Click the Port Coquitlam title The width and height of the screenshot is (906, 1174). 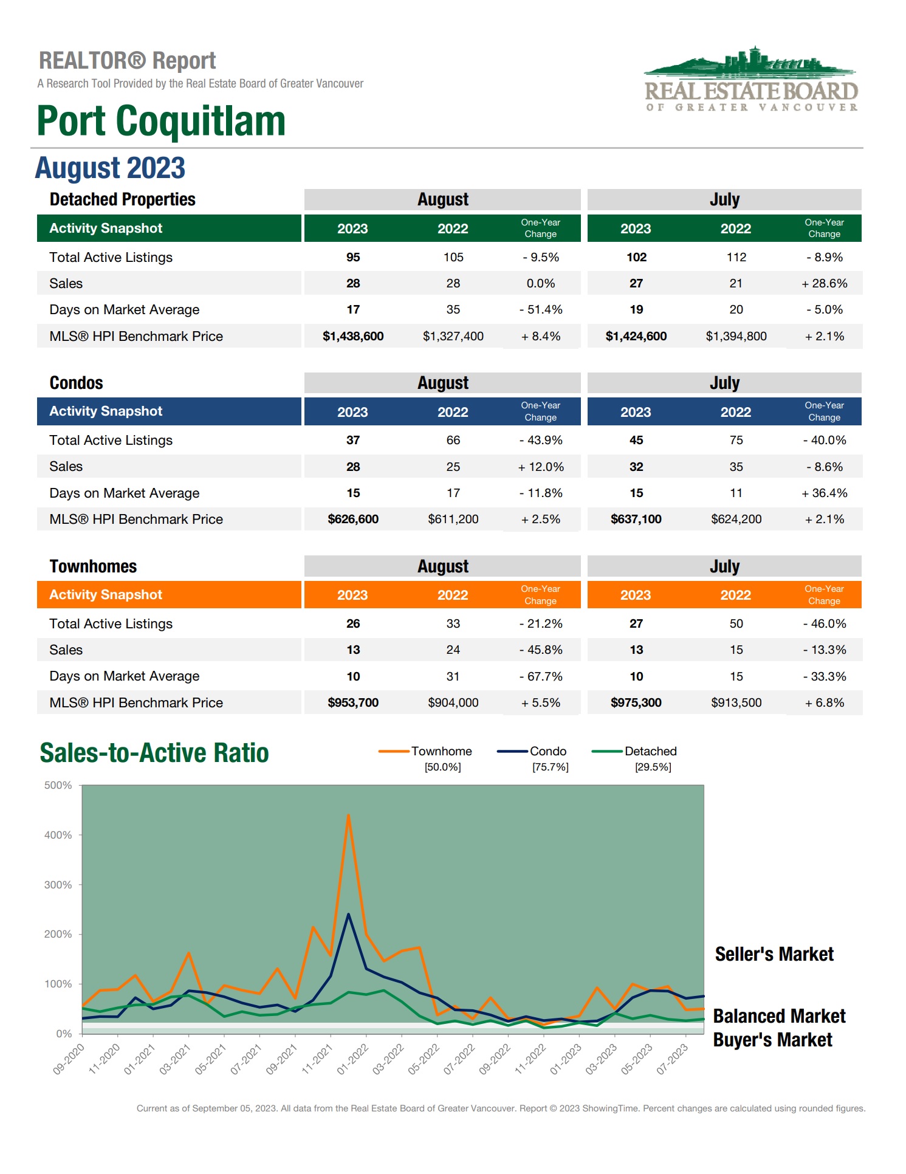click(x=161, y=121)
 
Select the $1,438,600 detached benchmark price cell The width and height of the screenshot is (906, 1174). click(x=353, y=336)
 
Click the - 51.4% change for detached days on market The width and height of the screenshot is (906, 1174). click(x=541, y=309)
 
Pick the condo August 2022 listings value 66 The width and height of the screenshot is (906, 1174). click(x=453, y=440)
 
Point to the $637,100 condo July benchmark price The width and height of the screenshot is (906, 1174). click(x=636, y=519)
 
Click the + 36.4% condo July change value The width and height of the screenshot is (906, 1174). click(x=824, y=493)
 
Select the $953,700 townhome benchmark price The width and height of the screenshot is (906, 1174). click(x=353, y=702)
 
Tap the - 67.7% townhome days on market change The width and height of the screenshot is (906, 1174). click(x=541, y=676)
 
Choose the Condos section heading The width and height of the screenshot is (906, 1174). click(x=77, y=383)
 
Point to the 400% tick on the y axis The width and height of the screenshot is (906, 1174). click(x=58, y=835)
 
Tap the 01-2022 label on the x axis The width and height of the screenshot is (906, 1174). click(x=352, y=1060)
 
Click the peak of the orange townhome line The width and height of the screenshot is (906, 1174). click(x=348, y=815)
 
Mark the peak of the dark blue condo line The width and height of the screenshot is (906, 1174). click(x=348, y=915)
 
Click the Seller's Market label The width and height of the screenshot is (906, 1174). click(x=774, y=954)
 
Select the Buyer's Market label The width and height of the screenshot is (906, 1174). click(x=772, y=1040)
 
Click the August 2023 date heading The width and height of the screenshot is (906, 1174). click(x=110, y=168)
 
